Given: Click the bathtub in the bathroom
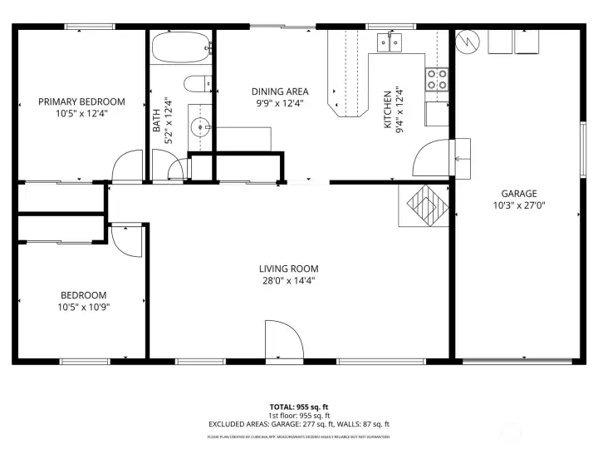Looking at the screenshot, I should tap(180, 47).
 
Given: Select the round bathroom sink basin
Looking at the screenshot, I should tap(199, 127).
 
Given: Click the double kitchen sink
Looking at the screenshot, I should tap(390, 39).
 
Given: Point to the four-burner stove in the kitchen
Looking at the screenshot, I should tap(437, 79).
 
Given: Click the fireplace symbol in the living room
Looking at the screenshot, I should tap(427, 204).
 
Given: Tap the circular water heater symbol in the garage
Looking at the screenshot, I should tap(468, 41).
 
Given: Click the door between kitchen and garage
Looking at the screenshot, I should tap(432, 158).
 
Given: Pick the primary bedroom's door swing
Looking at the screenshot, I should tap(127, 165).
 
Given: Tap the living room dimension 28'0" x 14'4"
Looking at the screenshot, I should tap(288, 280).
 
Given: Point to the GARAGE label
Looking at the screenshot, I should tap(518, 193).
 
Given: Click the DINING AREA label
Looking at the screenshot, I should tap(280, 91).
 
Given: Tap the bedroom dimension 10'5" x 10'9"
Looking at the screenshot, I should tap(83, 306).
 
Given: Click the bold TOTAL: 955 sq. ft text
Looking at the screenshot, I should tap(298, 407).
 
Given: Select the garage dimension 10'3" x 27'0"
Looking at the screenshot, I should tap(518, 205).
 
